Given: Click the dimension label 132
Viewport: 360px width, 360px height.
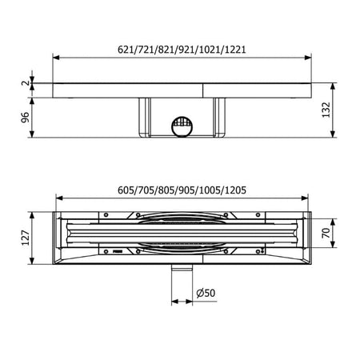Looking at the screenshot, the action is click(x=326, y=110).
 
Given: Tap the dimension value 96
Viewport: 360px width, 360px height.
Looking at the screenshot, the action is click(x=26, y=118).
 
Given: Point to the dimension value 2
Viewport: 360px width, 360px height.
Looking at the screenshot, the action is click(x=26, y=83).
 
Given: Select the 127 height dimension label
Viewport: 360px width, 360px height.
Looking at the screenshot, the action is click(x=26, y=238).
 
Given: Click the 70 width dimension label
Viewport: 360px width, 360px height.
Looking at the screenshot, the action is click(x=326, y=233).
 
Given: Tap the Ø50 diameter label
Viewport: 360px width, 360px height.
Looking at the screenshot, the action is click(x=206, y=293).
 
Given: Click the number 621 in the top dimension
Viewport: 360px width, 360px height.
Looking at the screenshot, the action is click(x=126, y=50).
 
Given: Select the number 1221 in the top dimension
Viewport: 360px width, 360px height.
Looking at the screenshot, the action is click(x=235, y=50).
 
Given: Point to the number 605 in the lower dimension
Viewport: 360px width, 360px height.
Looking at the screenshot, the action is click(x=126, y=190).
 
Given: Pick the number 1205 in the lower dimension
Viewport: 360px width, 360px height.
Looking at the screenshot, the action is click(x=235, y=190).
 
